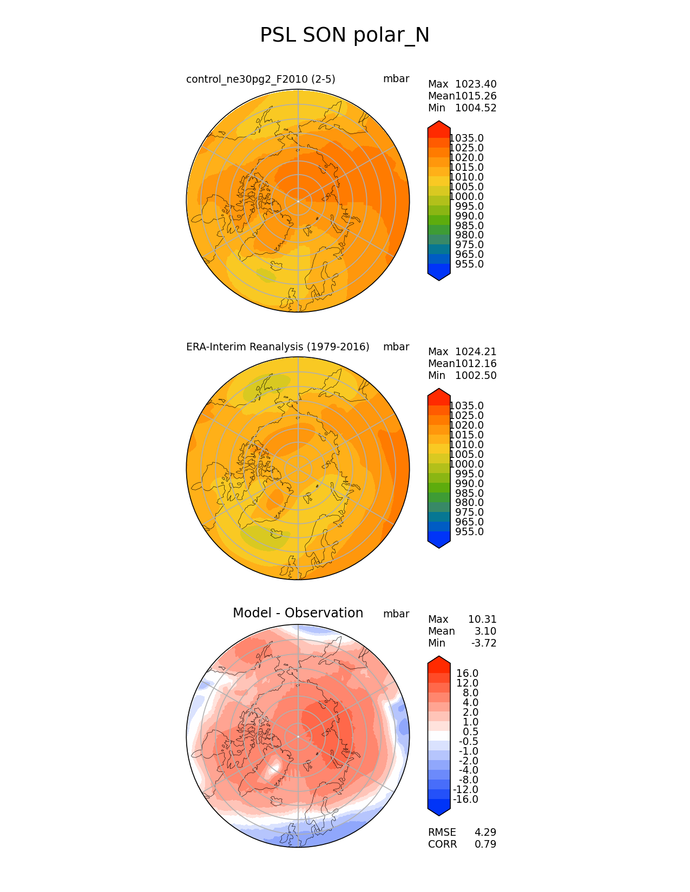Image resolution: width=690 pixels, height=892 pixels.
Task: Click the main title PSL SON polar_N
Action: tap(345, 36)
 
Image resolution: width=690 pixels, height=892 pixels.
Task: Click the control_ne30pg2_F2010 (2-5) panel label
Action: tap(260, 79)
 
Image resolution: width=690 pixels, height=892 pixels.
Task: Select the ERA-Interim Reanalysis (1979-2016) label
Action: tap(278, 347)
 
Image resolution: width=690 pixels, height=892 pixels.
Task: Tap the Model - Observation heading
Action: tap(298, 613)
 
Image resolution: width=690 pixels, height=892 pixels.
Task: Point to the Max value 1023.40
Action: tap(476, 84)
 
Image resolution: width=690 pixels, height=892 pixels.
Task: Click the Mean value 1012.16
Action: tap(476, 364)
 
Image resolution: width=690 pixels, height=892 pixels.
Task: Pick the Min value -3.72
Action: tap(483, 643)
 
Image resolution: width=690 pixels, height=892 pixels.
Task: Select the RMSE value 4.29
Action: tap(485, 833)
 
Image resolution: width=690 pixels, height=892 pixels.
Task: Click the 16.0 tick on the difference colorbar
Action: tap(468, 674)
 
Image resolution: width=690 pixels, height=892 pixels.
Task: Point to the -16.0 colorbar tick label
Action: tap(465, 800)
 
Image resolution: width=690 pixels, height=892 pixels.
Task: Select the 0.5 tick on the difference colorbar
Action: tap(470, 732)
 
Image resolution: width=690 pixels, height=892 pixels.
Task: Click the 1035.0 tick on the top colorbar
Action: tap(466, 138)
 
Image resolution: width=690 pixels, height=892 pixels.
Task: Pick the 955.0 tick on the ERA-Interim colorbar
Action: tap(469, 532)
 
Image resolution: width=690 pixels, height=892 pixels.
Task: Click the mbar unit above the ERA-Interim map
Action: tap(396, 347)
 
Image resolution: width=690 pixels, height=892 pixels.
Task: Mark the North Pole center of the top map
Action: tap(298, 201)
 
